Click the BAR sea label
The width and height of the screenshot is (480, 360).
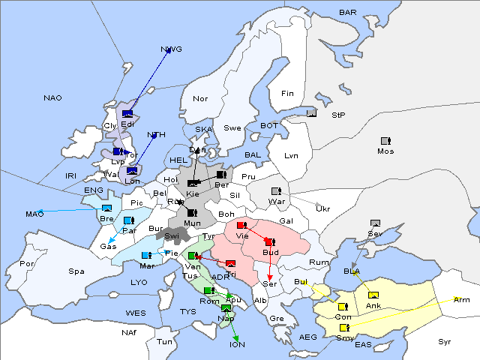click(x=348, y=12)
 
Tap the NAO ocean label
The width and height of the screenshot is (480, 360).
click(x=52, y=97)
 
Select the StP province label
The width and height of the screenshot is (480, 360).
click(x=338, y=115)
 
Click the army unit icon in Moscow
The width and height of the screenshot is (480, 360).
click(x=385, y=141)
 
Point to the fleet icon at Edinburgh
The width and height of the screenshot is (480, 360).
click(x=127, y=114)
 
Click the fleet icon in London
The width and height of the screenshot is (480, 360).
click(x=132, y=171)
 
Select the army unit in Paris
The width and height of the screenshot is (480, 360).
click(x=128, y=220)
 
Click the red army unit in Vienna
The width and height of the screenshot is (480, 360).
click(x=241, y=225)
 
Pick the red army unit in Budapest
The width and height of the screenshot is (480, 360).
click(x=269, y=242)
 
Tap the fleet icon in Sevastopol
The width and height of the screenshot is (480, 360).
click(x=375, y=223)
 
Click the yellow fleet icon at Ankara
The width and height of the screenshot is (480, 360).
click(x=373, y=294)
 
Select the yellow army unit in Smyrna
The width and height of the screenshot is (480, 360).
click(x=343, y=328)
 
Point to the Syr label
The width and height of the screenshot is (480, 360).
click(x=445, y=341)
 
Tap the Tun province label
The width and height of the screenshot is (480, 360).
click(x=164, y=341)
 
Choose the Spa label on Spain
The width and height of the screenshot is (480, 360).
click(x=76, y=271)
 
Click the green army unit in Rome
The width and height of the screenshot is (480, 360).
click(x=208, y=291)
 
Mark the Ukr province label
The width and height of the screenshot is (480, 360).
click(x=322, y=208)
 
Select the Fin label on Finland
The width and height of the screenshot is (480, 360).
click(x=287, y=94)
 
